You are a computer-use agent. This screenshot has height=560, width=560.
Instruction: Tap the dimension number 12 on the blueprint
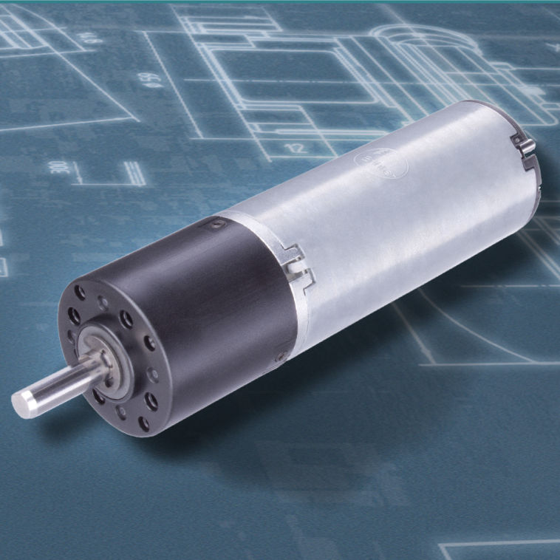(x=296, y=148)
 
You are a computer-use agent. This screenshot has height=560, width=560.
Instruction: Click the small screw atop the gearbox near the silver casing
(x=215, y=223)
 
